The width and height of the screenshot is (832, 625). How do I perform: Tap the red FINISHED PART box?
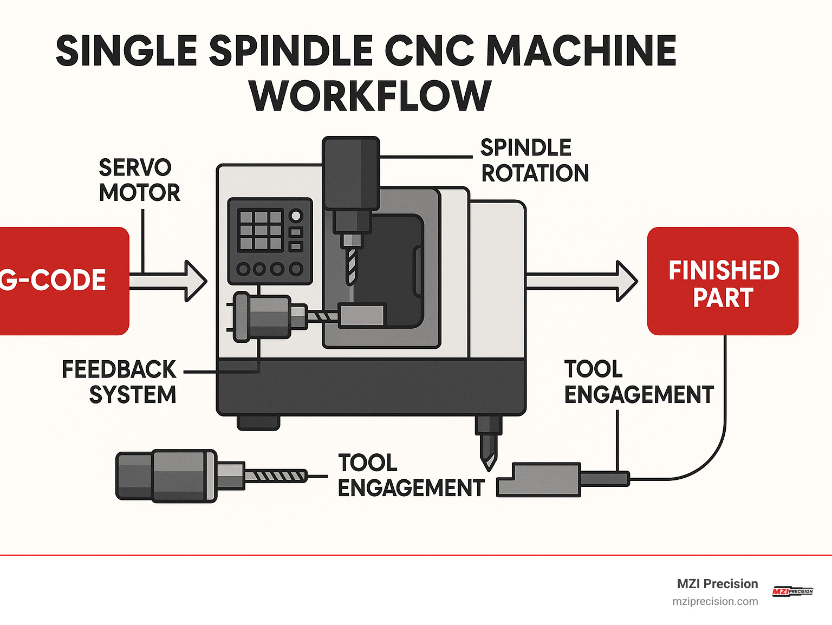723,282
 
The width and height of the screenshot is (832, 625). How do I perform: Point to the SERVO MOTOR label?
139,180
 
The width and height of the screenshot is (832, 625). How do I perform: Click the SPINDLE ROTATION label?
534,161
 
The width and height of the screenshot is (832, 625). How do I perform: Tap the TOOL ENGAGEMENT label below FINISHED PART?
638,382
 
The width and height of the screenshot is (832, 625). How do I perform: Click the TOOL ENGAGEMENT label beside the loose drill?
411,476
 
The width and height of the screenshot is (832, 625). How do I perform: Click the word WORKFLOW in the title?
370,96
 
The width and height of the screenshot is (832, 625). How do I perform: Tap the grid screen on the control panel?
261,230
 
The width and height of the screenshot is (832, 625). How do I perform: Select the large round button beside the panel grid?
296,216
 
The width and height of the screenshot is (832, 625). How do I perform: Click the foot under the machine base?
258,422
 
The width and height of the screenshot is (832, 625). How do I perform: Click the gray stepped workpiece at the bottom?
539,479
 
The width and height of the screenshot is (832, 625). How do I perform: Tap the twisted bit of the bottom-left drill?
275,477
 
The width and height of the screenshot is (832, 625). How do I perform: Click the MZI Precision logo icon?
792,591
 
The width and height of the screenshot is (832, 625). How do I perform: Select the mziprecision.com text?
715,601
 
